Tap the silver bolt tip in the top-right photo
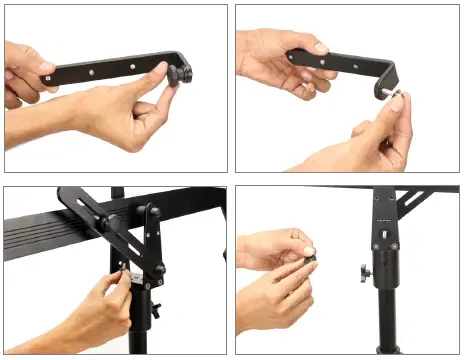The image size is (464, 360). pos(384,95)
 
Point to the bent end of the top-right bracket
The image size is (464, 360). pos(385,75)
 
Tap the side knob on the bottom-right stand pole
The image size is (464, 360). pos(366,271)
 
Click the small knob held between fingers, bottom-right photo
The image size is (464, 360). pos(310,259)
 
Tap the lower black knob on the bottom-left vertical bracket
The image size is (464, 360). pos(158,270)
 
